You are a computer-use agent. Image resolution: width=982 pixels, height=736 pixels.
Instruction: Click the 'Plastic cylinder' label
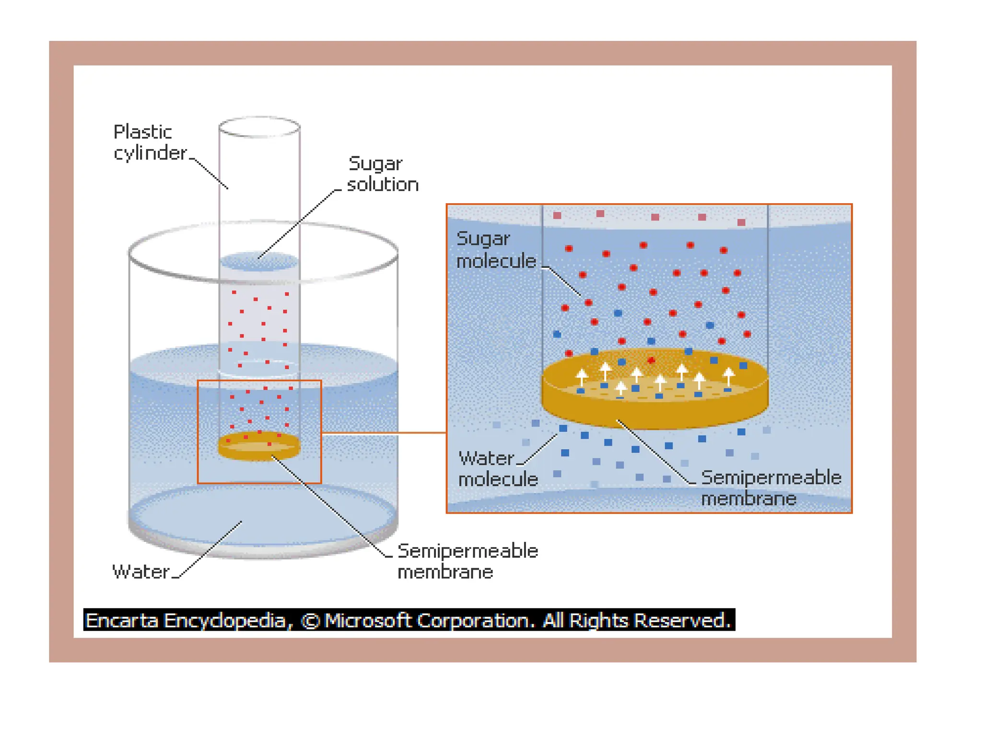(x=150, y=142)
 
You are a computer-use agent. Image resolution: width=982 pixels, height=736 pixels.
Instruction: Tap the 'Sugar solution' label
(x=382, y=174)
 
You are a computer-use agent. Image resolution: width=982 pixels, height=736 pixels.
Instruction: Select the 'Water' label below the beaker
(x=140, y=572)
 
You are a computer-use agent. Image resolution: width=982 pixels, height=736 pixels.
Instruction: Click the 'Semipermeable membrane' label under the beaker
(x=468, y=561)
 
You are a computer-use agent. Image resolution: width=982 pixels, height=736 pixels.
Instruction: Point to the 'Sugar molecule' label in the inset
(x=496, y=250)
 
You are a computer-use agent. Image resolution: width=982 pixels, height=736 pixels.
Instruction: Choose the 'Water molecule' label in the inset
(x=498, y=469)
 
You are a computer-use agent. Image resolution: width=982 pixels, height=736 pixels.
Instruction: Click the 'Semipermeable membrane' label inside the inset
(x=771, y=488)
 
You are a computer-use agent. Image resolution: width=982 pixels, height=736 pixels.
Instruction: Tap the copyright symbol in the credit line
(x=310, y=621)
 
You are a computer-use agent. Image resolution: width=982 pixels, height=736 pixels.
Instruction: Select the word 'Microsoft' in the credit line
(x=367, y=621)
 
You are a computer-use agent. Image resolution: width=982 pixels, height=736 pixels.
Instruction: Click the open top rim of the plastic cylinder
(x=259, y=127)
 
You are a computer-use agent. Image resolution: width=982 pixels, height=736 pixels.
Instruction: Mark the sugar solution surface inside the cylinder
(x=259, y=262)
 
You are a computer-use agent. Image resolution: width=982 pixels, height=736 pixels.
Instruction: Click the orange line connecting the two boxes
(x=384, y=433)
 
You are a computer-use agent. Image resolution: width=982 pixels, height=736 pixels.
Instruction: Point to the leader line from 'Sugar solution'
(x=297, y=224)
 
